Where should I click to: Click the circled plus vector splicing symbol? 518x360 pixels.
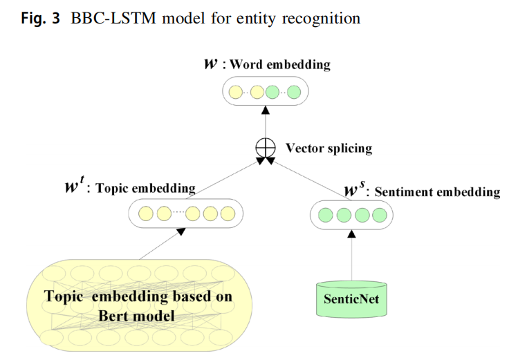263,147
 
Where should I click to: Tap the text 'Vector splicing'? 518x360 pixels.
329,148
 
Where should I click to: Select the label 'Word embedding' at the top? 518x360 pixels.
280,65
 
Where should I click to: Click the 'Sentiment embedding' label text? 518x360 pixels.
436,192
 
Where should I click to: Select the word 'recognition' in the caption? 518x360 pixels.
326,19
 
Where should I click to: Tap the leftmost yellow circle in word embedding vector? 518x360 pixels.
237,91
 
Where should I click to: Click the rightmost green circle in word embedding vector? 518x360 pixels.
294,91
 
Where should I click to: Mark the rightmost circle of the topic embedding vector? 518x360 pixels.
228,214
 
